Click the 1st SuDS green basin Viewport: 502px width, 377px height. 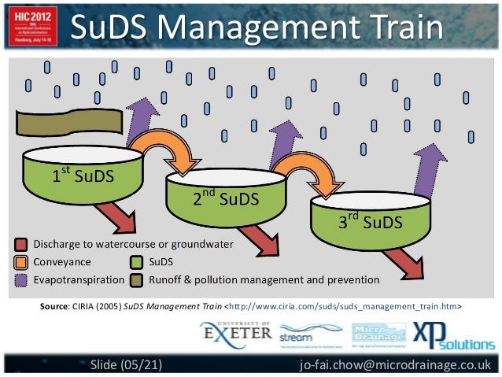pyautogui.click(x=83, y=177)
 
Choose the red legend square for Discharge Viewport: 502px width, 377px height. pyautogui.click(x=22, y=245)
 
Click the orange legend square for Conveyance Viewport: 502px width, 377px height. pyautogui.click(x=22, y=262)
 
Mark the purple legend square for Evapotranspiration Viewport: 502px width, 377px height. pyautogui.click(x=22, y=279)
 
